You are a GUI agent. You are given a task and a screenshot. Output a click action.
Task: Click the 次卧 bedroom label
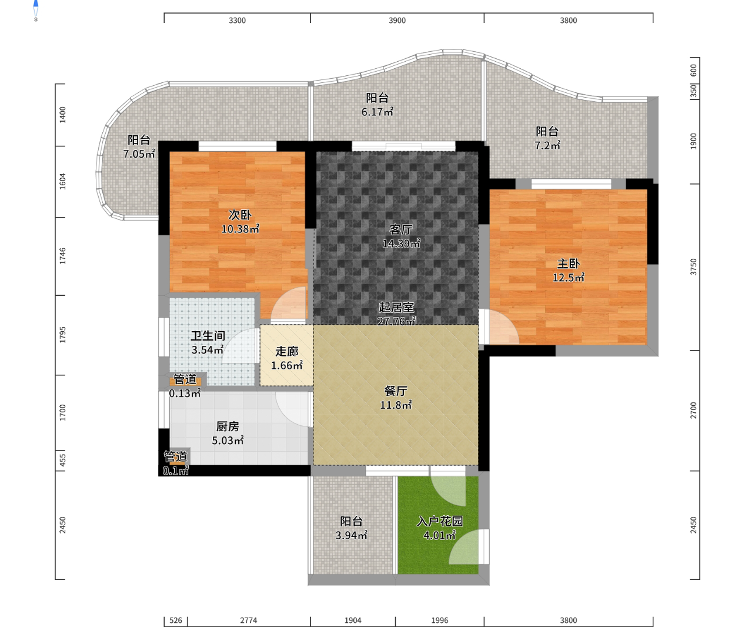pos(240,215)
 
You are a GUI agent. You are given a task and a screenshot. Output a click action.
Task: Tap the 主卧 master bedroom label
pos(568,264)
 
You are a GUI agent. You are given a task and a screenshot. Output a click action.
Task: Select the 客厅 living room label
pos(400,229)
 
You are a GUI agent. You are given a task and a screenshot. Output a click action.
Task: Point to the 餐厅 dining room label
pos(396,391)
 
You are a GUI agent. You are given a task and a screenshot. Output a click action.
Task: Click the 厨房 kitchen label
pos(228,426)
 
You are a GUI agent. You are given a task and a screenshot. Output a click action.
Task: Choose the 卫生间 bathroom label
pos(208,336)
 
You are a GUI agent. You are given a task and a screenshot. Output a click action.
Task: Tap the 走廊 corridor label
pos(287,351)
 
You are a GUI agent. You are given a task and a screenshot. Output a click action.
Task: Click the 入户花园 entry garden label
pos(440,521)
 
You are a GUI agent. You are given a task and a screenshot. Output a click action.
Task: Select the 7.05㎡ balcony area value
pos(139,154)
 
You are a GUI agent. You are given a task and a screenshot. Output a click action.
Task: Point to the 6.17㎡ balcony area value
pos(377,112)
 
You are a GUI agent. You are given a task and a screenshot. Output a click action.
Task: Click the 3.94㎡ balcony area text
pos(351,535)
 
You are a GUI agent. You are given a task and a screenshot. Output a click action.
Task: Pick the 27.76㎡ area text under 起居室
pos(396,321)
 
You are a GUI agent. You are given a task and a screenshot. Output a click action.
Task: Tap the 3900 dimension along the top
pos(397,21)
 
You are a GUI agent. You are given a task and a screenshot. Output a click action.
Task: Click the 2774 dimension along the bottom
pos(249,621)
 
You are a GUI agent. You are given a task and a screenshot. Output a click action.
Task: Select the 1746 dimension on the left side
pos(62,256)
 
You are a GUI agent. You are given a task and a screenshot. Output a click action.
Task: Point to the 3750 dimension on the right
pos(693,267)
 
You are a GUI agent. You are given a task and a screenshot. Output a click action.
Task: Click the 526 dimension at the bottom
pos(176,621)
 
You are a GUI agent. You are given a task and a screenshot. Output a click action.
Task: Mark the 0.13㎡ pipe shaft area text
pos(185,393)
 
